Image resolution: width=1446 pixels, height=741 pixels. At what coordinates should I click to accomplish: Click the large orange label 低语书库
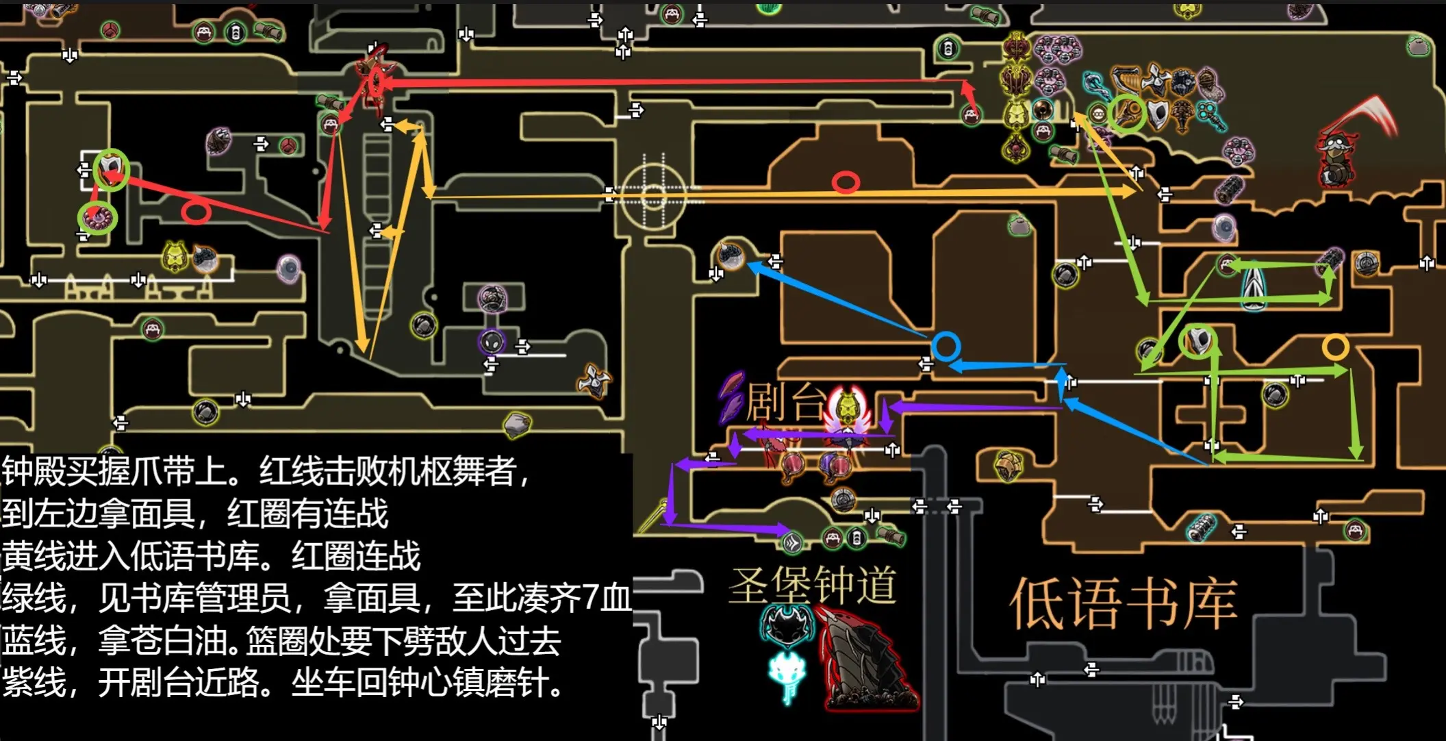(x=1123, y=603)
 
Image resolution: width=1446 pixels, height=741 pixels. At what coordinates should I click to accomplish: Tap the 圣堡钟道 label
(x=812, y=586)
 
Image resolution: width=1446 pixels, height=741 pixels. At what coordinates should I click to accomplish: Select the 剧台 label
(x=785, y=402)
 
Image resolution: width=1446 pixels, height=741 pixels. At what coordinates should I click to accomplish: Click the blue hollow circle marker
(x=946, y=346)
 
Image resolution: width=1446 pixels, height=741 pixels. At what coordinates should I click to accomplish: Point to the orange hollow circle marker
(x=1335, y=347)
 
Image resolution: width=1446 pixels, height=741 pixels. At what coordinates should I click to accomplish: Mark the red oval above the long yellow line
(x=846, y=183)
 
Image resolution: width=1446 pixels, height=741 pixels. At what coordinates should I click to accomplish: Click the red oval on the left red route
(x=196, y=212)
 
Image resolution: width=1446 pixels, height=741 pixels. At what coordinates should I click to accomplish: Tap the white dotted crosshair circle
(x=652, y=198)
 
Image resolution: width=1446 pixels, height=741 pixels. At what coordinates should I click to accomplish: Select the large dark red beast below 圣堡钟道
(x=866, y=657)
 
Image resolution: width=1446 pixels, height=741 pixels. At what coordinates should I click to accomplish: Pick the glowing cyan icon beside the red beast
(x=787, y=675)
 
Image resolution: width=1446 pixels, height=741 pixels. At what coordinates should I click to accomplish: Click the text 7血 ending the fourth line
(x=606, y=599)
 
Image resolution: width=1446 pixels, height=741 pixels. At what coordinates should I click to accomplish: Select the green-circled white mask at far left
(x=110, y=168)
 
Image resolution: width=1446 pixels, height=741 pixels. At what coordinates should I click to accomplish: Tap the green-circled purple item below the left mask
(x=97, y=217)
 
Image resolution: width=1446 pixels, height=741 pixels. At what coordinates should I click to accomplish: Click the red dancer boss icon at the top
(x=375, y=80)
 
